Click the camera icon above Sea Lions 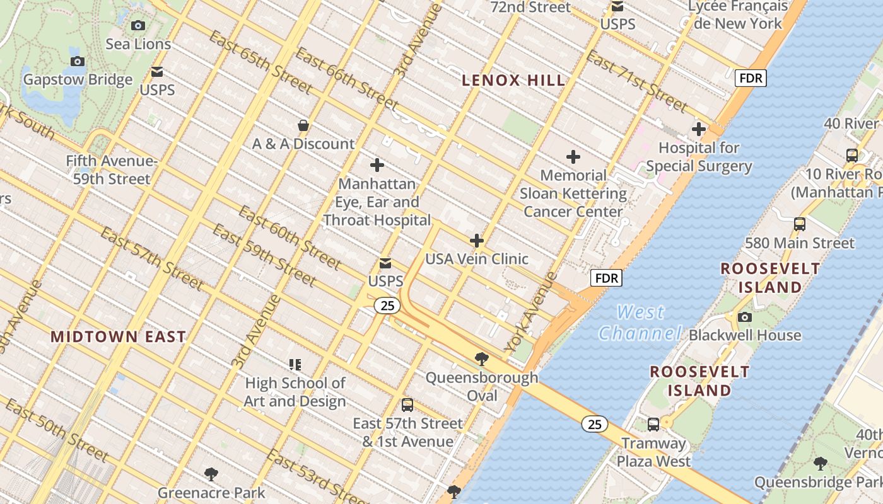click(x=137, y=26)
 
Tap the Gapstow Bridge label click(x=78, y=79)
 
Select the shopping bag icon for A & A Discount click(x=303, y=125)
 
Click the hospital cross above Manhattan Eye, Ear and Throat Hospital click(x=377, y=165)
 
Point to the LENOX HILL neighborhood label click(x=513, y=81)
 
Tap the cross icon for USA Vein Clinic click(x=477, y=241)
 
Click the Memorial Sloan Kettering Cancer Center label click(x=573, y=193)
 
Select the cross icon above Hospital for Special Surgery click(x=699, y=129)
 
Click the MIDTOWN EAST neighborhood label click(x=118, y=336)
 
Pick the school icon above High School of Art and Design click(x=295, y=365)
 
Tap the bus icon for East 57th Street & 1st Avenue click(x=407, y=405)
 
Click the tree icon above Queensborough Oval click(x=482, y=360)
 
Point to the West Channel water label click(x=640, y=323)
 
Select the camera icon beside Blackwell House click(x=745, y=317)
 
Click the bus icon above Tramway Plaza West click(x=653, y=425)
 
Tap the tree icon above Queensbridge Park click(x=820, y=464)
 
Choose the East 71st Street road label click(x=636, y=81)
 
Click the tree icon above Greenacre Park click(x=211, y=474)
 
